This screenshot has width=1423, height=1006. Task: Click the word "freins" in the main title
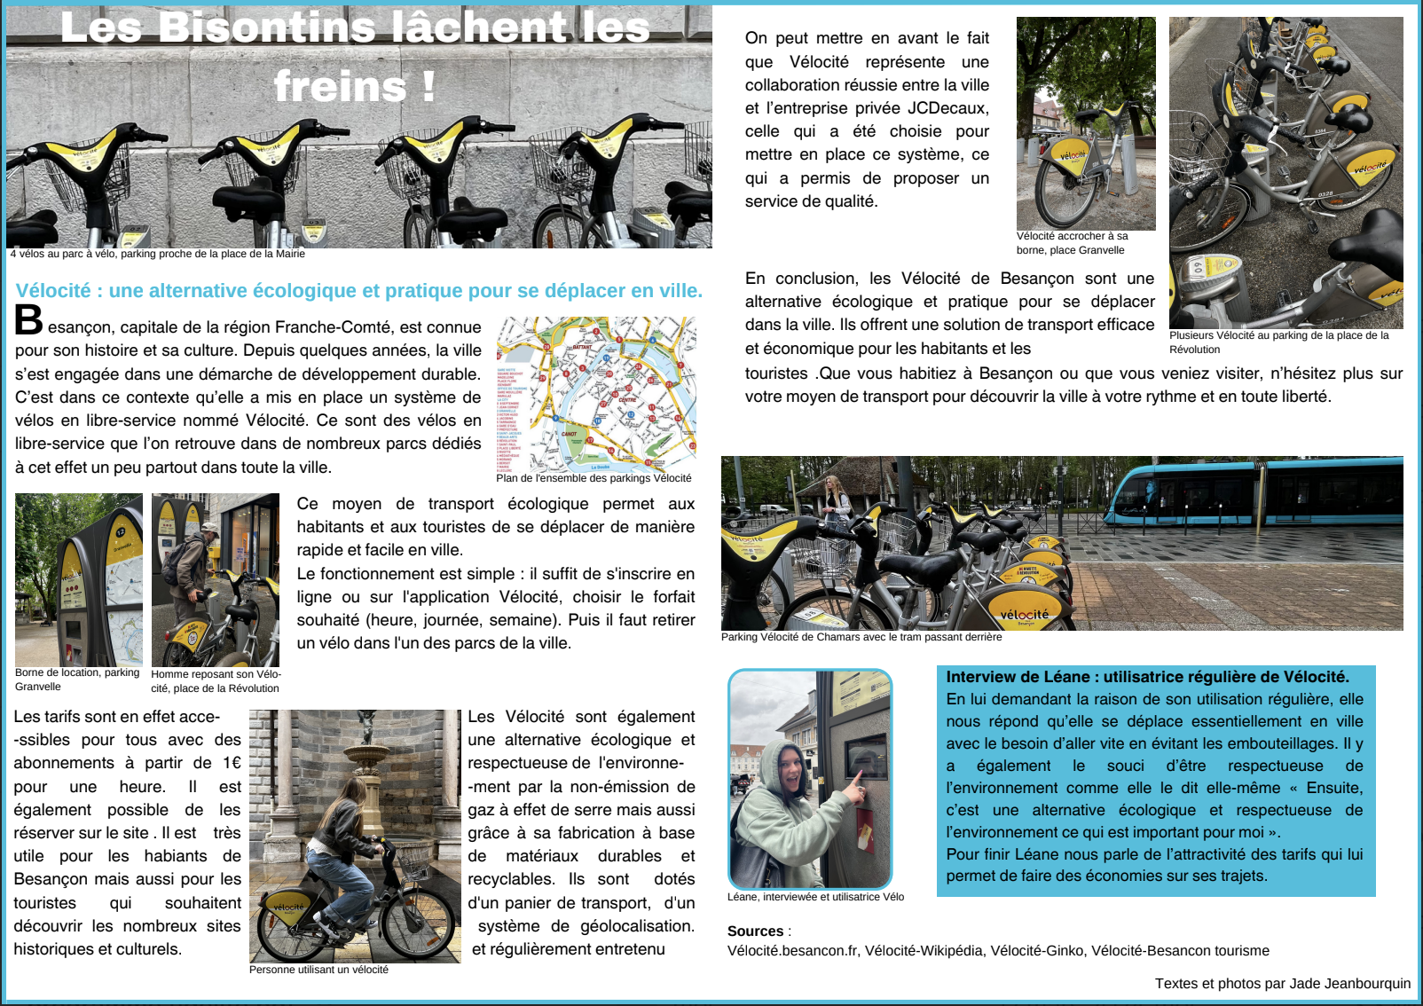pos(339,87)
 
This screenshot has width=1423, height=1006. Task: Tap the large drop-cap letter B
pos(28,321)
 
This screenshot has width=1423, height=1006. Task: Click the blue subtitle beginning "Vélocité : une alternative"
pos(358,291)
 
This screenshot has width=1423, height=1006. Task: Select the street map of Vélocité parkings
pos(595,395)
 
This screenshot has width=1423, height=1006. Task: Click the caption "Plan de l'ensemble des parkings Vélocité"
pos(594,478)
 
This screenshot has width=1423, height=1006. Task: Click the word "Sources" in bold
pos(755,931)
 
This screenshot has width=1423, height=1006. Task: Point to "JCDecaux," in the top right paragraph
pos(947,108)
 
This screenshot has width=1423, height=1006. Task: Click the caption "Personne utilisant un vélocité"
pos(318,970)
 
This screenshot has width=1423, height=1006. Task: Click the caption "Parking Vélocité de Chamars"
pos(861,637)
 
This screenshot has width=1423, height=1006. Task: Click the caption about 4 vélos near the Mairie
pos(157,254)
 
